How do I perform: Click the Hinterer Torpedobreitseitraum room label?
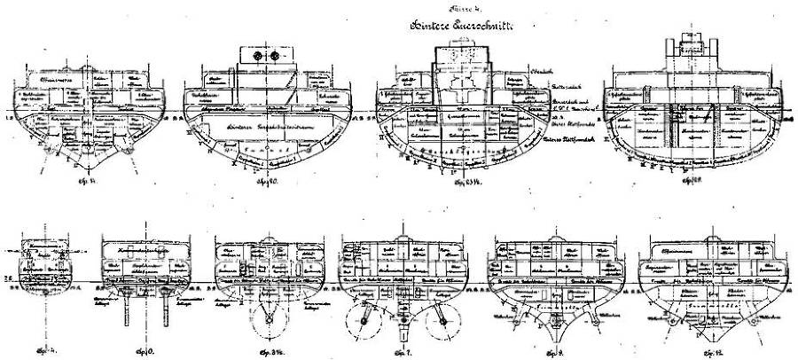pos(262,129)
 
